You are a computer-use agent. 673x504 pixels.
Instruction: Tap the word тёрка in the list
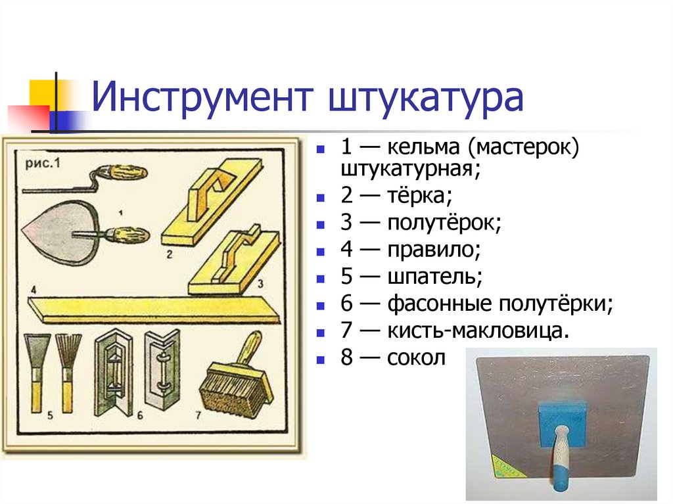pos(419,195)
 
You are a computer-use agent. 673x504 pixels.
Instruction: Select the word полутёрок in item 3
pos(444,223)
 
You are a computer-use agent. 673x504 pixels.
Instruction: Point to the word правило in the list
pos(433,250)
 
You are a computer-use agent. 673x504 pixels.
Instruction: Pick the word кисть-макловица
pos(478,331)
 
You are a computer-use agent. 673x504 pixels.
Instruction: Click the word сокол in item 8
pos(416,358)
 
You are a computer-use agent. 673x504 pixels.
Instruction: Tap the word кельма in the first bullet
pos(423,147)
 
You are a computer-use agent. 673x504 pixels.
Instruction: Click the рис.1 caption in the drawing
pos(43,163)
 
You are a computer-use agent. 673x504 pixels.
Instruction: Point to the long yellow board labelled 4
pos(153,310)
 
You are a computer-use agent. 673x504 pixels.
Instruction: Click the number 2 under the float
pos(170,254)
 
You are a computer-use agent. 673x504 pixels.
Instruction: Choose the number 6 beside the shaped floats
pos(139,415)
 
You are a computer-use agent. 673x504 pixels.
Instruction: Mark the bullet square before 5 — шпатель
pos(321,279)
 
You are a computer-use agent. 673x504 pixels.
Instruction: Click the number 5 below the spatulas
pos(50,415)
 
